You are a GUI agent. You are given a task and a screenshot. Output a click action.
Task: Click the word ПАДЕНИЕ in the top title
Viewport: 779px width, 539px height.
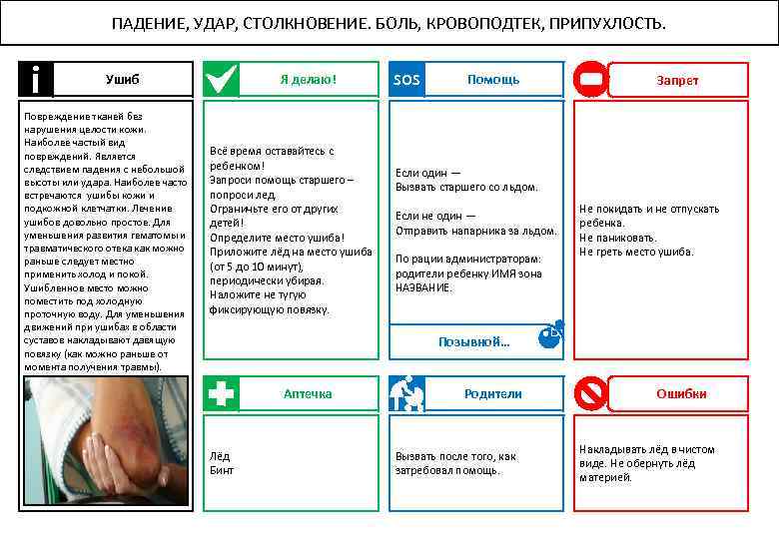pos(145,23)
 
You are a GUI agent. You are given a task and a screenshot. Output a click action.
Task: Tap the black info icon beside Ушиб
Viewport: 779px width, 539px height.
pos(36,79)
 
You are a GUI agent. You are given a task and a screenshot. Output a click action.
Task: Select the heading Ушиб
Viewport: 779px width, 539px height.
pos(123,79)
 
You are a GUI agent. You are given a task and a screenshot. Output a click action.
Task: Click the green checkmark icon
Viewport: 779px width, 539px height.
pos(221,79)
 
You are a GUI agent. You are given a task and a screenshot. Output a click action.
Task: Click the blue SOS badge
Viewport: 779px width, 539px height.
pos(406,79)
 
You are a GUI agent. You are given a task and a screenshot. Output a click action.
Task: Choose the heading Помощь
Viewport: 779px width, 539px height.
pos(493,79)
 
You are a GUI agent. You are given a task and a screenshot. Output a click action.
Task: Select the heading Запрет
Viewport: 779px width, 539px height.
pos(677,80)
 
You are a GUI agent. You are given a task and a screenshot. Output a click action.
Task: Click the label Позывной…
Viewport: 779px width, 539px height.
pos(474,341)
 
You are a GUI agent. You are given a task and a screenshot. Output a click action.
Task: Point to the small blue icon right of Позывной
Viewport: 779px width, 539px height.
pos(550,335)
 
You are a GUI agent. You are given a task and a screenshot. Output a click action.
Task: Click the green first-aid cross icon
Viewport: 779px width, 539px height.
pos(221,393)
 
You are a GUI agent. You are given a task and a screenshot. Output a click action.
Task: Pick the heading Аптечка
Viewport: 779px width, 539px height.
pos(308,393)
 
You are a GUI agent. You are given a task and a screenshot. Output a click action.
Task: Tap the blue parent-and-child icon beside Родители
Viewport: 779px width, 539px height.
pos(406,393)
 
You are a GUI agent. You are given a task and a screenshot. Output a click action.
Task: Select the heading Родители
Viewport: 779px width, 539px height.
pos(493,393)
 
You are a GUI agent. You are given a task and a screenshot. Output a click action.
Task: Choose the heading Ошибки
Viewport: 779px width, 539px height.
pos(681,393)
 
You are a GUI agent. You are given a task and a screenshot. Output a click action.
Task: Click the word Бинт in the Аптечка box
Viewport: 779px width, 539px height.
pos(221,469)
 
